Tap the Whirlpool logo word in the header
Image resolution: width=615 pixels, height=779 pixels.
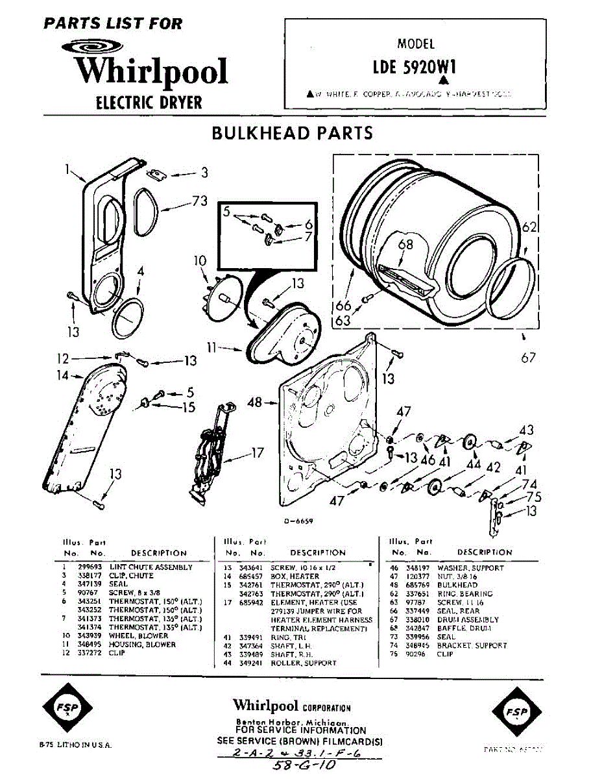[x=151, y=71]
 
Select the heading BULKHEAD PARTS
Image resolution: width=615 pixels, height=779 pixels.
[x=293, y=133]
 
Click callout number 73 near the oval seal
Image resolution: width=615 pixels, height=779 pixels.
[x=199, y=202]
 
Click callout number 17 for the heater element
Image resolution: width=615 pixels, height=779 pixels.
[x=258, y=452]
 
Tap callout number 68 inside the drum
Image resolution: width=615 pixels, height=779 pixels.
[x=405, y=245]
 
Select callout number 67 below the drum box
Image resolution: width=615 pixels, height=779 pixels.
[x=528, y=358]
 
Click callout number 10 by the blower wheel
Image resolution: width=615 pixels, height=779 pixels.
[x=199, y=261]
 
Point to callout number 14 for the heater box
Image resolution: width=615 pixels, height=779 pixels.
[x=62, y=375]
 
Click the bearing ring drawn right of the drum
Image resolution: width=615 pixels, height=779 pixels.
[x=512, y=286]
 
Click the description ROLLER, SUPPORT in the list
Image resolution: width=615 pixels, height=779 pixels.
[x=303, y=663]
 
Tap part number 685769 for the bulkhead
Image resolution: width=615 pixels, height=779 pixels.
[x=416, y=585]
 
